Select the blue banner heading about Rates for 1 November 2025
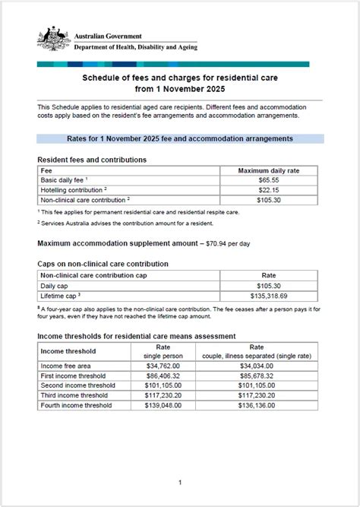(x=180, y=139)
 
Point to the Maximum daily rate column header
(x=268, y=171)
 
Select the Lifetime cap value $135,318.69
(x=268, y=295)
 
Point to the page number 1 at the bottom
(x=180, y=482)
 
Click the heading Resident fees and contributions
(x=91, y=160)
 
